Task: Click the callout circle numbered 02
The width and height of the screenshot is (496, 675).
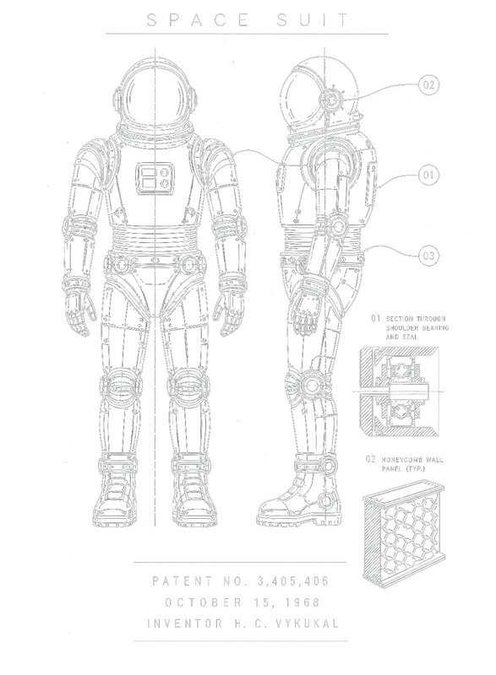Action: pyautogui.click(x=428, y=85)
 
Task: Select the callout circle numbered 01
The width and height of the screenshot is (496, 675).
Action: pyautogui.click(x=428, y=175)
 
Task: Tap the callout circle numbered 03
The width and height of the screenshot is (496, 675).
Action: pyautogui.click(x=428, y=256)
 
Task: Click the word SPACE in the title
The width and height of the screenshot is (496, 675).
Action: pyautogui.click(x=198, y=20)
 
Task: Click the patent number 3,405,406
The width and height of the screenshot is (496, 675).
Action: pyautogui.click(x=293, y=581)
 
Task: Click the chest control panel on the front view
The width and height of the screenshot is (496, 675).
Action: pyautogui.click(x=155, y=178)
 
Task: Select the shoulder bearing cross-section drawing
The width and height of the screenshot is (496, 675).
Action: pyautogui.click(x=399, y=391)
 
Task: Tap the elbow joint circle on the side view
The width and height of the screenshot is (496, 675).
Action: pyautogui.click(x=338, y=226)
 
